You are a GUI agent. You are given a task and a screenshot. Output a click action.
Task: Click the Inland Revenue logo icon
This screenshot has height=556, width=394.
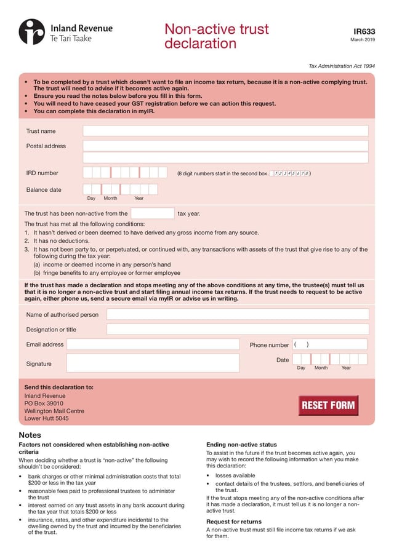[31, 32]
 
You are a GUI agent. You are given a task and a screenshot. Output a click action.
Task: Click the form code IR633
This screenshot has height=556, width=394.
[364, 31]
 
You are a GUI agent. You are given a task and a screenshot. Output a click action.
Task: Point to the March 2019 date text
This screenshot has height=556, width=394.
[363, 40]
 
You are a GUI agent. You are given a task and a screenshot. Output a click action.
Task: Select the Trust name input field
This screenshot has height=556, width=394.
[225, 131]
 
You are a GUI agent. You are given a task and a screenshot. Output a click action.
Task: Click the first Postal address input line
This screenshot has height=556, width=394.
[225, 146]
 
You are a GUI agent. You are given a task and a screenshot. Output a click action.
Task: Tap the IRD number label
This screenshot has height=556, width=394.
[42, 173]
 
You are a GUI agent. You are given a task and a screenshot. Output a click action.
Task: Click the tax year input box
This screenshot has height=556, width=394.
[153, 213]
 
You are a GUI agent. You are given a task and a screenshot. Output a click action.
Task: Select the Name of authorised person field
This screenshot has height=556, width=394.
[238, 314]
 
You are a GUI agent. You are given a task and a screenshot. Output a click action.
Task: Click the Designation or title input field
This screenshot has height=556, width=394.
[238, 330]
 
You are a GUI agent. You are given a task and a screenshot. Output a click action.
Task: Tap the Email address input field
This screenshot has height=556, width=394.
[153, 344]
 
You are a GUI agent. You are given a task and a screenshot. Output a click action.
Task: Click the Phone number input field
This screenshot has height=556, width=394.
[329, 344]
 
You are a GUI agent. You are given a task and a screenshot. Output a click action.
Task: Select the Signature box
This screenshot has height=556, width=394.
[153, 363]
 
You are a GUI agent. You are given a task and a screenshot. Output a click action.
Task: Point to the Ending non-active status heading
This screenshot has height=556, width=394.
[241, 445]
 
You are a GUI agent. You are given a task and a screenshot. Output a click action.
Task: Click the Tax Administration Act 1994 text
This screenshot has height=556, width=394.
[342, 66]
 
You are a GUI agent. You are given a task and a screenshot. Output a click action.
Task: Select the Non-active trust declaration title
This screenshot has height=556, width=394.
[217, 36]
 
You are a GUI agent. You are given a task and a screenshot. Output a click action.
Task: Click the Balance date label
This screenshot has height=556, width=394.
[44, 190]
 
